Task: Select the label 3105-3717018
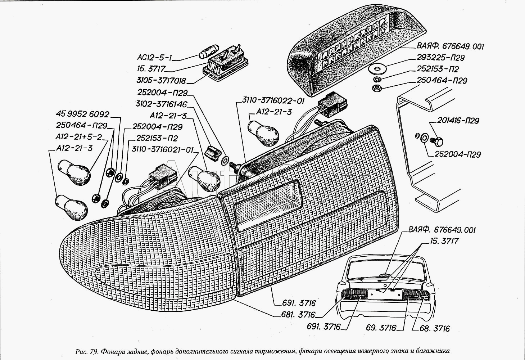click(x=162, y=80)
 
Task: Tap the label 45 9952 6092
click(x=82, y=114)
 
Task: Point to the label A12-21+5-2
click(x=79, y=137)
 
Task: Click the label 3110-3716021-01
click(x=163, y=149)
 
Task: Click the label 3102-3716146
click(x=162, y=104)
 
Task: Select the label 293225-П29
click(x=441, y=58)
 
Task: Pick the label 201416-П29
click(x=458, y=121)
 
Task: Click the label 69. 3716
click(x=381, y=328)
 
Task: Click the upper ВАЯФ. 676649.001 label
click(x=451, y=46)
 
